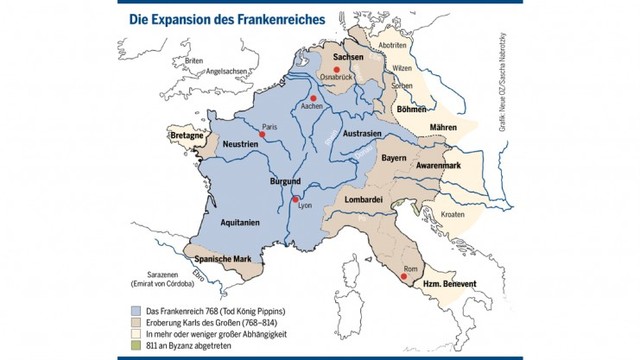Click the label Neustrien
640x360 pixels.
240,145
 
